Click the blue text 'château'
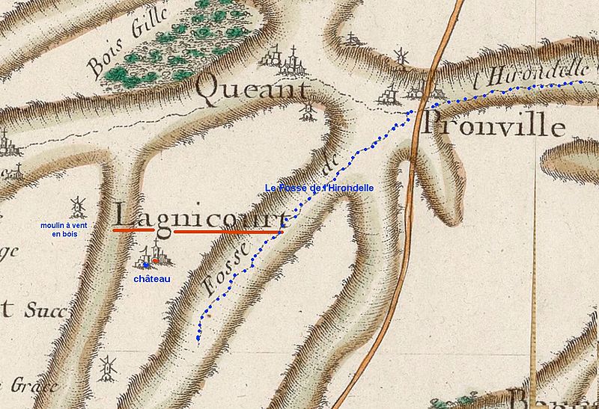point(152,279)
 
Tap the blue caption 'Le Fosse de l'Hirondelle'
point(319,188)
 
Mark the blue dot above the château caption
point(145,264)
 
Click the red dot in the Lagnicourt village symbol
point(155,260)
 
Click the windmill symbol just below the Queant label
point(307,112)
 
